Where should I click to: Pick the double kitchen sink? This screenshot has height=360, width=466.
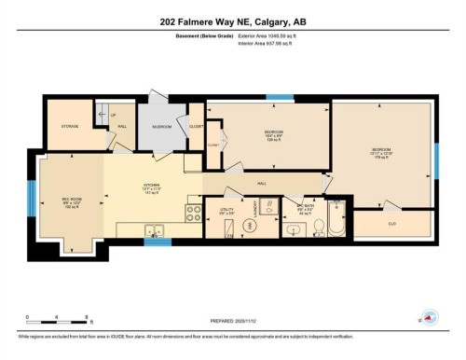[154, 230]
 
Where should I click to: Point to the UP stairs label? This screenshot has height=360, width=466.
[113, 116]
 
